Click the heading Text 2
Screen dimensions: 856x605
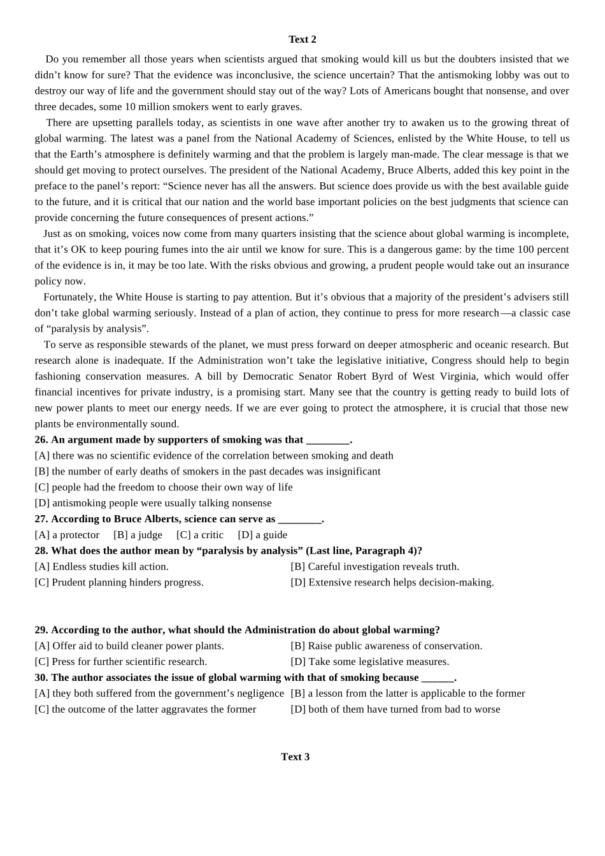[x=302, y=39]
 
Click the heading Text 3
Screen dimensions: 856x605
[x=295, y=757]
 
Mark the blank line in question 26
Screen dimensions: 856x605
[x=328, y=440]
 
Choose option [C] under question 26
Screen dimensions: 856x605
[x=164, y=487]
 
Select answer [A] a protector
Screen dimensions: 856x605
[x=67, y=535]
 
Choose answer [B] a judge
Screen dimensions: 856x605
[x=138, y=535]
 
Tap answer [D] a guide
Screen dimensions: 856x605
[x=262, y=535]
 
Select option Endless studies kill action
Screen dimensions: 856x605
[x=102, y=567]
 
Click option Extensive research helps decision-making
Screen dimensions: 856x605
[x=392, y=583]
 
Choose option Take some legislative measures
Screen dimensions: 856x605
[x=370, y=662]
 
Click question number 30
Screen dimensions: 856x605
[x=41, y=678]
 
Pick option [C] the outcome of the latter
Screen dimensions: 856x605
[x=145, y=710]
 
